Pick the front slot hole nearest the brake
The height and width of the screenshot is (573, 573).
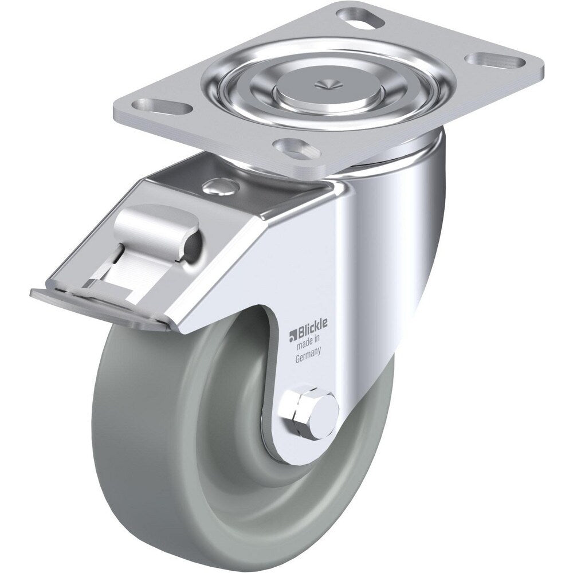(296, 147)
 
